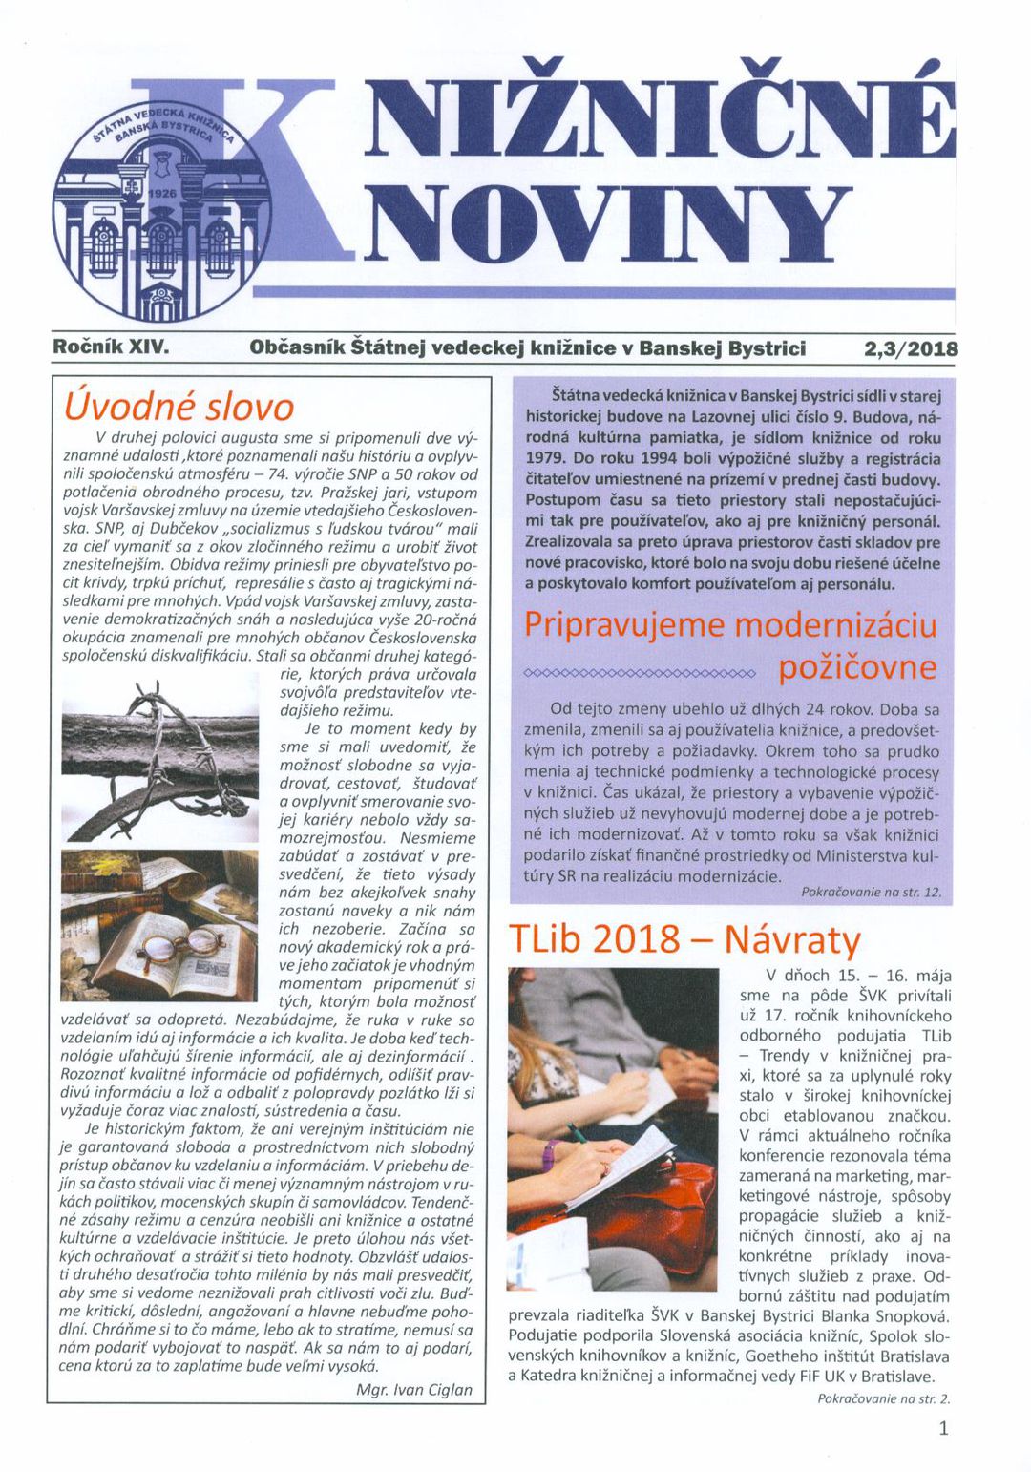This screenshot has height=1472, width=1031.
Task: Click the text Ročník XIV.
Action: click(x=111, y=347)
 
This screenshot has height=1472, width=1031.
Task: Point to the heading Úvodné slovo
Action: click(x=179, y=408)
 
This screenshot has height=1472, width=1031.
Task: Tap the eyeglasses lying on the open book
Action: click(x=172, y=947)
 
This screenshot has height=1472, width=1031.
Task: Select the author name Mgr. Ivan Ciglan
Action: click(x=413, y=1390)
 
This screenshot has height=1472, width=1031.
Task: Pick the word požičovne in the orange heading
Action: click(x=857, y=667)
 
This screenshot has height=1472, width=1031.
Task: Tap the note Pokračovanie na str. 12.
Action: click(x=871, y=892)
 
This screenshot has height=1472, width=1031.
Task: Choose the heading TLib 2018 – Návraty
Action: click(x=684, y=939)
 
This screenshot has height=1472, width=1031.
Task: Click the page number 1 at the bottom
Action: click(x=943, y=1428)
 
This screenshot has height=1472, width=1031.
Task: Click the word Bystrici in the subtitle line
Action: click(x=767, y=348)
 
